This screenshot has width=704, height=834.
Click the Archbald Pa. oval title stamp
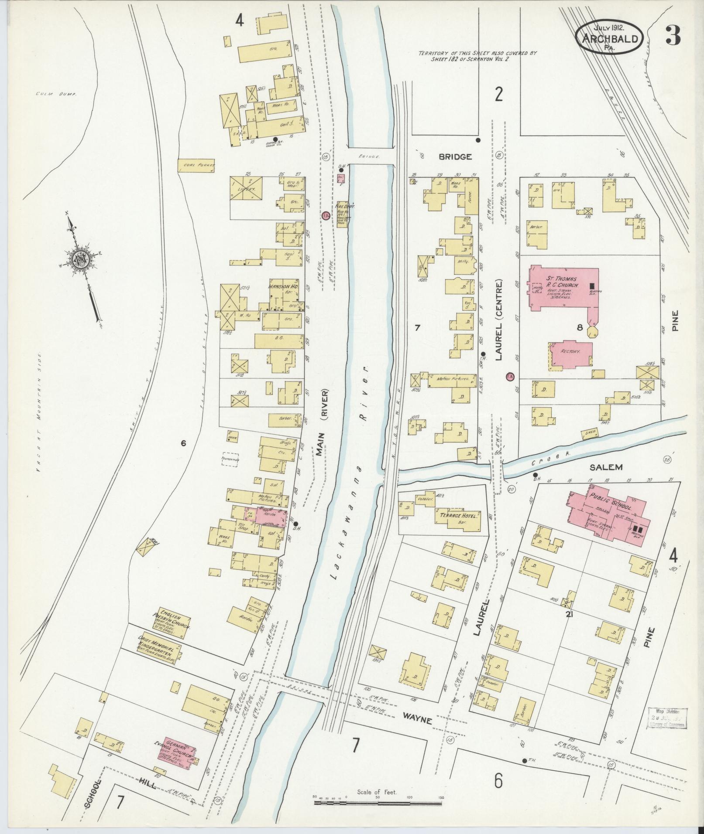click(609, 38)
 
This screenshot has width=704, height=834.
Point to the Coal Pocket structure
click(196, 165)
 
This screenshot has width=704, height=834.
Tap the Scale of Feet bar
click(378, 801)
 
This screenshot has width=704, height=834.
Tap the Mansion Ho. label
click(280, 288)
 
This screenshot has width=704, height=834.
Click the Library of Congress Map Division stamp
click(666, 715)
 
